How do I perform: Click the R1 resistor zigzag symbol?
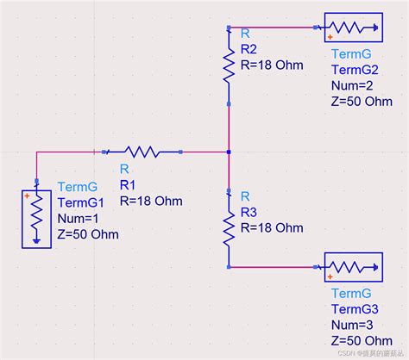tap(142, 152)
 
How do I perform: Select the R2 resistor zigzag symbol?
tap(229, 66)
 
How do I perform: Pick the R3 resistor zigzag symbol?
tap(229, 228)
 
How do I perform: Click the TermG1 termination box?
tap(36, 219)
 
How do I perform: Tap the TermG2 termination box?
tap(354, 28)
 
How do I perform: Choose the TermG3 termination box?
tap(354, 267)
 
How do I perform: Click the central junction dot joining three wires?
tap(229, 152)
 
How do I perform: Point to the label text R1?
tap(128, 185)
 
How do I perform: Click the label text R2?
tap(249, 49)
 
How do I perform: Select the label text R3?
tap(249, 213)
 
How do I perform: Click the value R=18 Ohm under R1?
tap(151, 201)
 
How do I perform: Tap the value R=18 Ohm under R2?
tap(272, 65)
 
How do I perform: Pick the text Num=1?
tap(78, 219)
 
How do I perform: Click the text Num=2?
tap(352, 85)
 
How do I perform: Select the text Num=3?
tap(352, 326)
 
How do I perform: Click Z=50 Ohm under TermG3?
tap(362, 341)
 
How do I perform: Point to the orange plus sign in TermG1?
tap(27, 196)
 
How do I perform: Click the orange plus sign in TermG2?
tap(330, 37)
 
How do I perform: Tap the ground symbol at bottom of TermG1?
tap(36, 241)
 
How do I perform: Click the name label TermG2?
tap(355, 70)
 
